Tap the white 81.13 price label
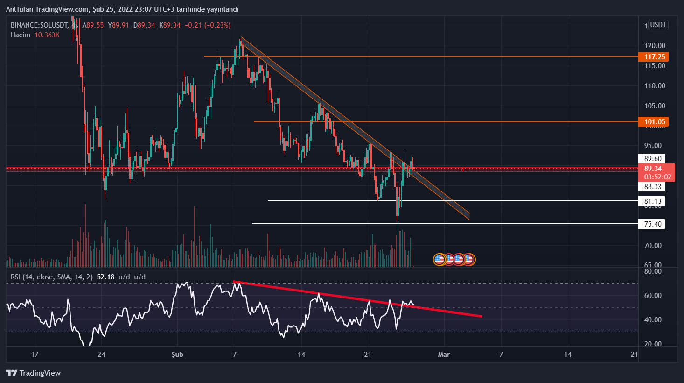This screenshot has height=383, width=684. click(652, 201)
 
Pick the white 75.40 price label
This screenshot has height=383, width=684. click(652, 224)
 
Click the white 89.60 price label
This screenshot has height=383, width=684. click(652, 159)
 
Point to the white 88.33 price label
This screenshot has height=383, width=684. click(652, 187)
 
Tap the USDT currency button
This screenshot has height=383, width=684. click(658, 25)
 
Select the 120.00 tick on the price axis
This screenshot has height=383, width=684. click(655, 46)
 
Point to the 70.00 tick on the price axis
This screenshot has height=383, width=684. click(655, 246)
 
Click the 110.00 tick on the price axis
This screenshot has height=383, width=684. click(655, 86)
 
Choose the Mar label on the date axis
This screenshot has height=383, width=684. click(444, 355)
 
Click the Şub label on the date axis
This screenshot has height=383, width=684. click(177, 355)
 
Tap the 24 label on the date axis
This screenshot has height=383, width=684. click(101, 355)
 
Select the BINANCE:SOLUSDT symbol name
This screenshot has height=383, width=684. click(39, 25)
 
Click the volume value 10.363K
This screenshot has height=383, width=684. click(47, 35)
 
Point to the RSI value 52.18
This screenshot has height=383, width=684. click(105, 277)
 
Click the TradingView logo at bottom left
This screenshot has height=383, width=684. click(34, 373)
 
